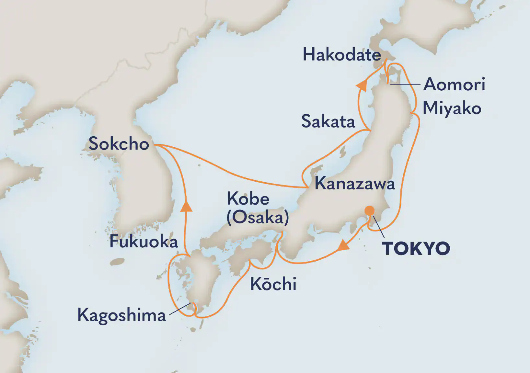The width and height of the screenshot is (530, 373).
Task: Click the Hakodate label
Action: [x=341, y=54]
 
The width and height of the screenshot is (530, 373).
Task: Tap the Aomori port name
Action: [x=454, y=84]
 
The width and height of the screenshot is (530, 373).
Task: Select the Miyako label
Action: [x=452, y=108]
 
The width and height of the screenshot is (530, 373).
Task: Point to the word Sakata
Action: [x=328, y=121]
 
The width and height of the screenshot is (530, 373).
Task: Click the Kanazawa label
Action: [x=355, y=184]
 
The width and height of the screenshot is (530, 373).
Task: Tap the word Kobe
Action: [x=248, y=198]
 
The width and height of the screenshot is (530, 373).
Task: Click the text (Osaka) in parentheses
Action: [x=258, y=217]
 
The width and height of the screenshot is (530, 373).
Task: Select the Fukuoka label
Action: [x=144, y=242]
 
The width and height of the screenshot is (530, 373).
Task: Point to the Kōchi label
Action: [x=273, y=284]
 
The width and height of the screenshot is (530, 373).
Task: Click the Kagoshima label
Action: [x=121, y=315]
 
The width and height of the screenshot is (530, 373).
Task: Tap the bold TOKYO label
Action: [x=416, y=249]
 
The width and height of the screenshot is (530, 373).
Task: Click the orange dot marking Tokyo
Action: [x=369, y=211]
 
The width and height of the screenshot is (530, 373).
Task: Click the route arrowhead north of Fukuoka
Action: [x=186, y=206]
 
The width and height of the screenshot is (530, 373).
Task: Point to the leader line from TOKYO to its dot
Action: [x=378, y=227]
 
